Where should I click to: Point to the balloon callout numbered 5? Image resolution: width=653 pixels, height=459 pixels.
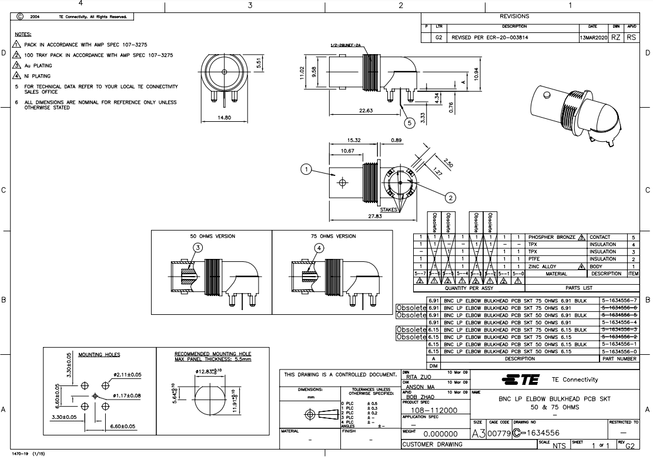(x=410, y=123)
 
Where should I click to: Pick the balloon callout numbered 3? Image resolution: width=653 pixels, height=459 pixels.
(x=198, y=248)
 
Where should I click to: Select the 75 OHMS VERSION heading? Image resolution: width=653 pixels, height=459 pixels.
(x=333, y=236)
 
